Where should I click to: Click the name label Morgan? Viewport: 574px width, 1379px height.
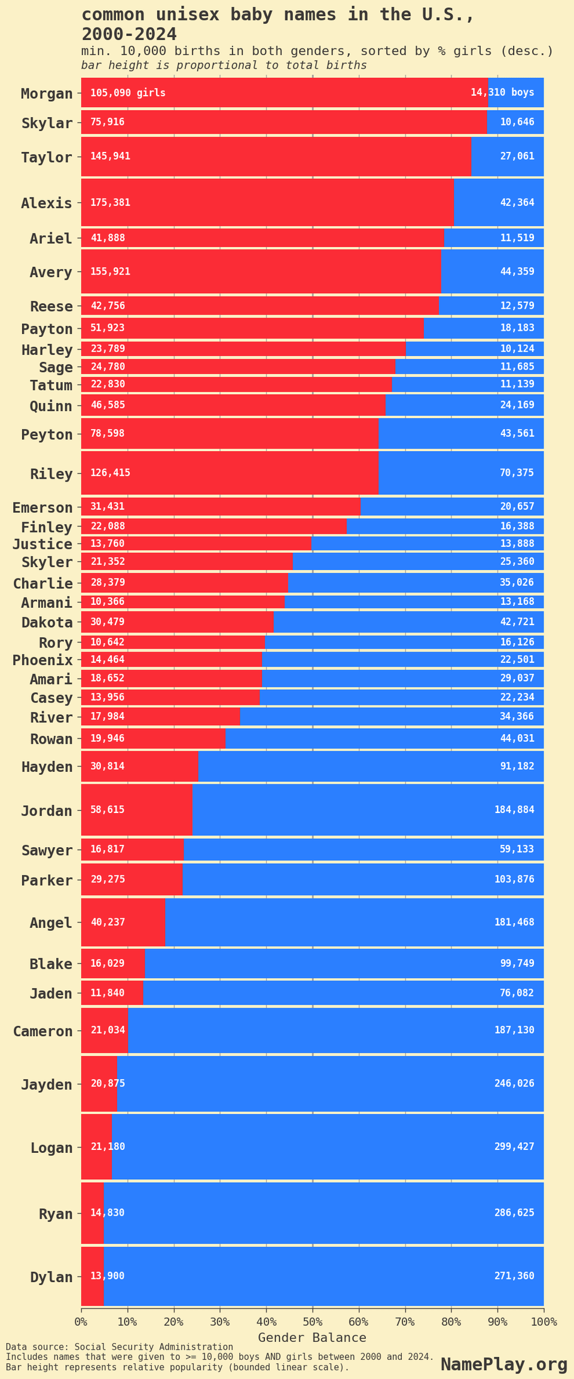tap(47, 93)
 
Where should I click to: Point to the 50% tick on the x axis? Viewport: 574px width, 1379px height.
tap(313, 1321)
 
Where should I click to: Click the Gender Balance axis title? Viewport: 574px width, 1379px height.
tap(312, 1338)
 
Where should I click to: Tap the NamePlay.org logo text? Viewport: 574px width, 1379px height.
tap(503, 1365)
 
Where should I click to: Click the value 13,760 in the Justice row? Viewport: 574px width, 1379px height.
tap(108, 544)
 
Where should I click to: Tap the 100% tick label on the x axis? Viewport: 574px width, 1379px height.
tap(544, 1321)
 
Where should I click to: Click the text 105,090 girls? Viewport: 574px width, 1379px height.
tap(128, 93)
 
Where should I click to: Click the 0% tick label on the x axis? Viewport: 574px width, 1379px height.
tap(81, 1321)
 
